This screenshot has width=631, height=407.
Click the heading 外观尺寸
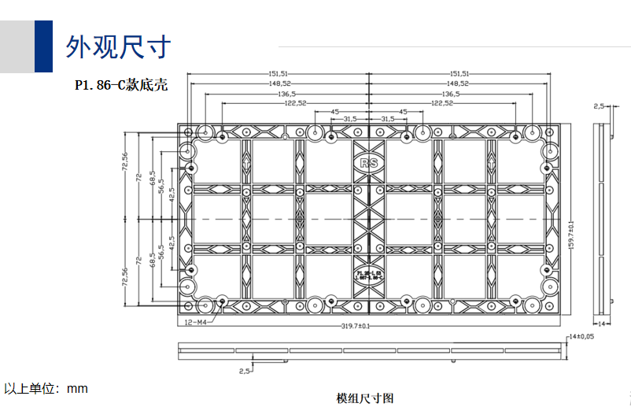(117, 47)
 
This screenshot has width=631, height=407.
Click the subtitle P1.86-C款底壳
(121, 85)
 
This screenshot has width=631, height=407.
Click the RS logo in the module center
(368, 164)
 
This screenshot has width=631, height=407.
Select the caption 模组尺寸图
(364, 398)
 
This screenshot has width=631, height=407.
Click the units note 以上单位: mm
(46, 388)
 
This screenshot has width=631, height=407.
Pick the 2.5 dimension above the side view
(599, 105)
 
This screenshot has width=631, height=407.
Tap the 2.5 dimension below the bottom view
(245, 368)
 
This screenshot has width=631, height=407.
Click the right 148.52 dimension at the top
(457, 83)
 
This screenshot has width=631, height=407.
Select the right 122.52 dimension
(442, 103)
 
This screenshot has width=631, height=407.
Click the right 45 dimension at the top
(403, 112)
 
